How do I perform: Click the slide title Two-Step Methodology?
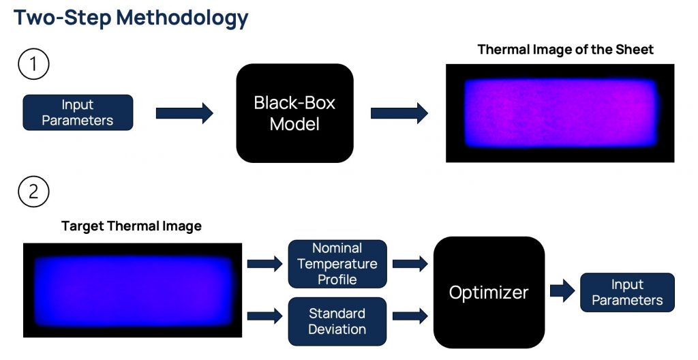(x=131, y=18)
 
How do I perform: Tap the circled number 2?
(x=33, y=192)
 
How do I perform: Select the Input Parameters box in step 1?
(x=78, y=112)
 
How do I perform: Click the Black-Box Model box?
(x=294, y=113)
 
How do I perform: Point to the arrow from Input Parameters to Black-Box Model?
(x=184, y=113)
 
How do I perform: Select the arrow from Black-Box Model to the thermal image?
(x=399, y=113)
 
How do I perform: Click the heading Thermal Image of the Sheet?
(x=565, y=50)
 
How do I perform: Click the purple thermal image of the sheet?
(x=560, y=113)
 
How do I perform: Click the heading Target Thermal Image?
(x=132, y=226)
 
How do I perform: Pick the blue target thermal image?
(x=133, y=290)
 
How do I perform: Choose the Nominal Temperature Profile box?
(x=337, y=264)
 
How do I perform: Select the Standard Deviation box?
(x=337, y=321)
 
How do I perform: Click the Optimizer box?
(x=489, y=292)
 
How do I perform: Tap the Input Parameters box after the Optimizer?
(x=627, y=292)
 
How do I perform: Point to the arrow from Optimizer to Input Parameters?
(x=562, y=291)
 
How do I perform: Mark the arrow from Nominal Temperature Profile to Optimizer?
(x=410, y=264)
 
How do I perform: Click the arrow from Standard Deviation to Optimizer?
(x=410, y=316)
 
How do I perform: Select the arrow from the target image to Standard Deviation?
(x=265, y=316)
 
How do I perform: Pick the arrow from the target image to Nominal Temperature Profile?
(x=265, y=264)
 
